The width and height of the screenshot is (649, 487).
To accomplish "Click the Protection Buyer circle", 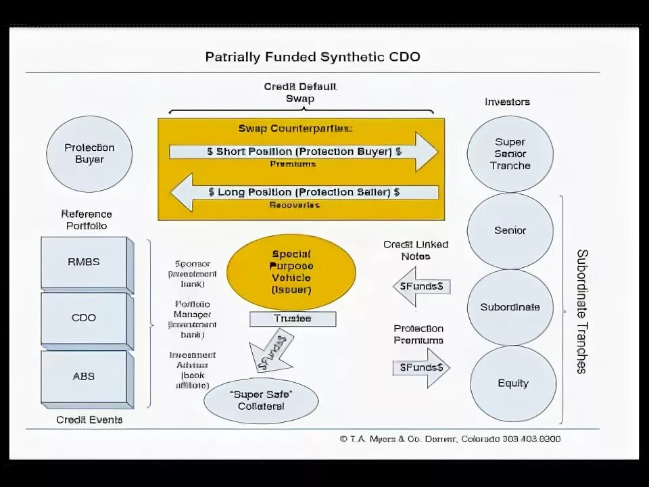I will coord(89,154).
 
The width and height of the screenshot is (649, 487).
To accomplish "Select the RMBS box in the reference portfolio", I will coord(84,262).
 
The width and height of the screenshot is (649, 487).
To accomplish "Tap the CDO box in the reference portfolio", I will coord(84,318).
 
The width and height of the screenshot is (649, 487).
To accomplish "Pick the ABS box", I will coord(84,377).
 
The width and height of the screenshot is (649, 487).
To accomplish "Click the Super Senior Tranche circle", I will coord(510,154).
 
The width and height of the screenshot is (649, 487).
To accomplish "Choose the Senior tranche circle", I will coord(510,231).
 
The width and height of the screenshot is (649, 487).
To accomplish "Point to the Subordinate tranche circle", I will coord(510,307).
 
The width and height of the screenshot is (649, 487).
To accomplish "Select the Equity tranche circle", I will coord(512,384).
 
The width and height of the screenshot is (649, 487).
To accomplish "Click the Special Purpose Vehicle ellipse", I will coord(291,272).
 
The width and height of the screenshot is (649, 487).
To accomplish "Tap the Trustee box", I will coord(292,319).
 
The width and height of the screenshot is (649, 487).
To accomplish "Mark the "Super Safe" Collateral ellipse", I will coord(261,400).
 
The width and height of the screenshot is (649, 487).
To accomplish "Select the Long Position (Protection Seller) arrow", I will coord(304,193).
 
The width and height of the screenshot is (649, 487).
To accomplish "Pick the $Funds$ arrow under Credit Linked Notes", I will coord(420,286).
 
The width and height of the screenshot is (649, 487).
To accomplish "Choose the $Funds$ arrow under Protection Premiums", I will coord(420,368).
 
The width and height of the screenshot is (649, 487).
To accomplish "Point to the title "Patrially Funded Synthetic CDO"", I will coord(312,57).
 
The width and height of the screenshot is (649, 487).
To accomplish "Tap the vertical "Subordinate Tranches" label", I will coord(581,311).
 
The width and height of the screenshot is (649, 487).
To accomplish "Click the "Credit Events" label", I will coord(89,420).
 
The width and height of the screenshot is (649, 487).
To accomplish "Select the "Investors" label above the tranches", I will coord(507,102).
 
